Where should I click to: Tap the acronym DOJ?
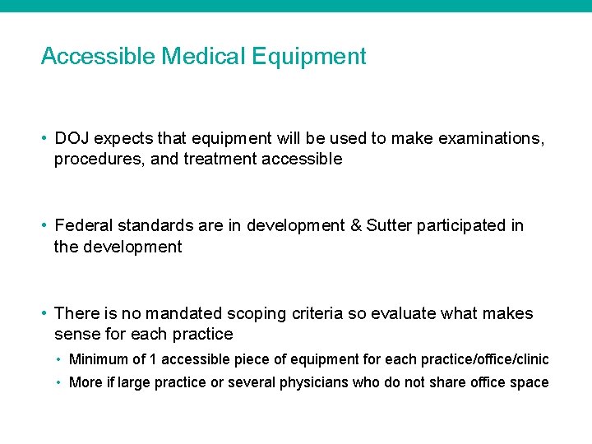pyautogui.click(x=72, y=138)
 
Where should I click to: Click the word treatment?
pyautogui.click(x=220, y=160)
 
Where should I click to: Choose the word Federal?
pyautogui.click(x=82, y=225)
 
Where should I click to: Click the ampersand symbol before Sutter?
pyautogui.click(x=355, y=225)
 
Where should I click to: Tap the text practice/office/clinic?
pyautogui.click(x=485, y=359)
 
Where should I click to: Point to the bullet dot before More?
pyautogui.click(x=60, y=382)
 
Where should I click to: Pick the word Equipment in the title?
pyautogui.click(x=309, y=57)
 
